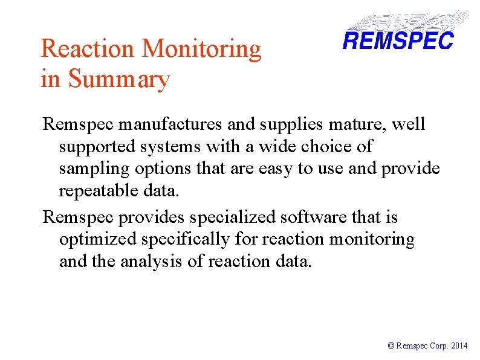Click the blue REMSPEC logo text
pos(398,40)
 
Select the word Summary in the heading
pos(119,79)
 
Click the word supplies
pos(284,124)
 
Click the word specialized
pos(226,217)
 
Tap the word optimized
pos(98,240)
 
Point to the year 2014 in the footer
pos(459,346)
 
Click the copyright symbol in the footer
pos(391,346)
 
